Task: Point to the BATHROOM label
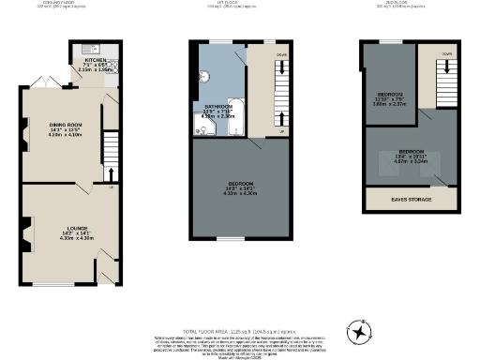[220, 107]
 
